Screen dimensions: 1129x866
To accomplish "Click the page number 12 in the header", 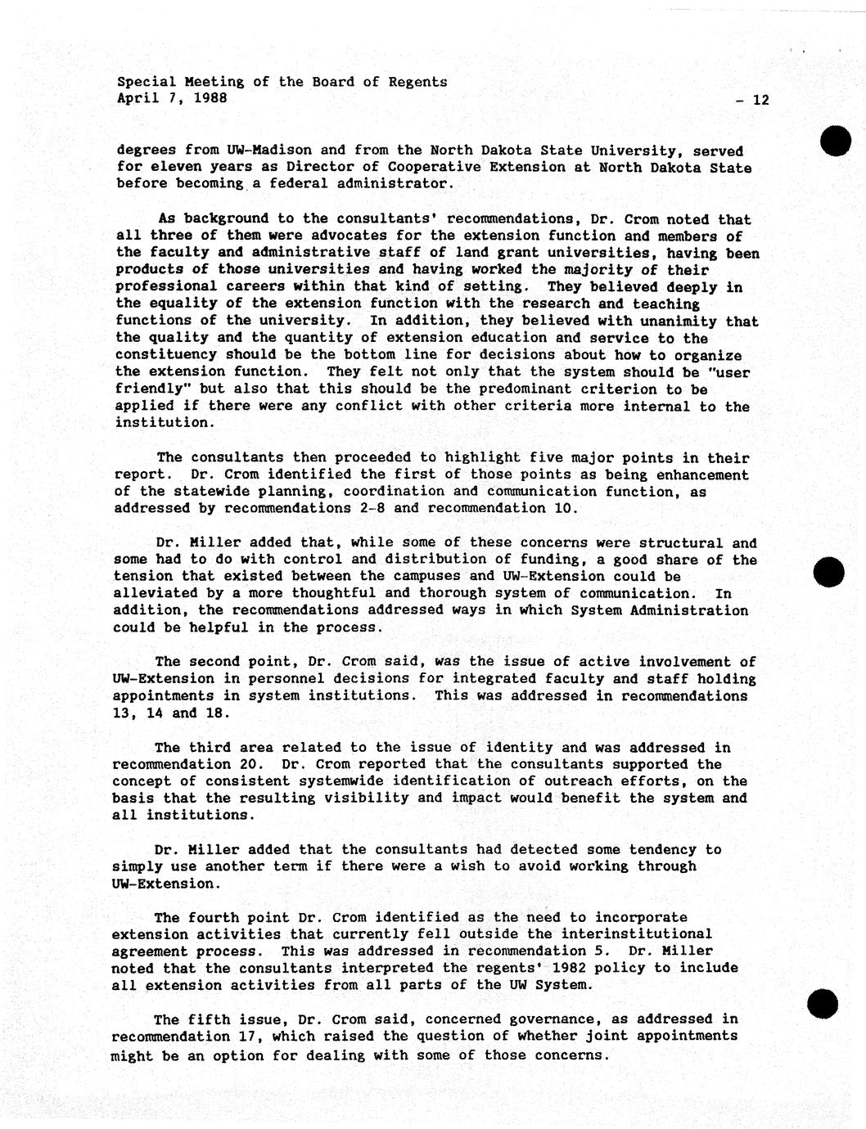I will [x=760, y=101].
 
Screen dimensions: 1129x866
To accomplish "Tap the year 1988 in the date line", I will [x=210, y=98].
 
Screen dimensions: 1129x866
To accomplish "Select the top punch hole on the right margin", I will [x=837, y=142].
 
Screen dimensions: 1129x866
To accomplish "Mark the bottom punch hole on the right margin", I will [x=823, y=1003].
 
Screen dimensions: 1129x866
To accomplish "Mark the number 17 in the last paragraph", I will [x=246, y=1037].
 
